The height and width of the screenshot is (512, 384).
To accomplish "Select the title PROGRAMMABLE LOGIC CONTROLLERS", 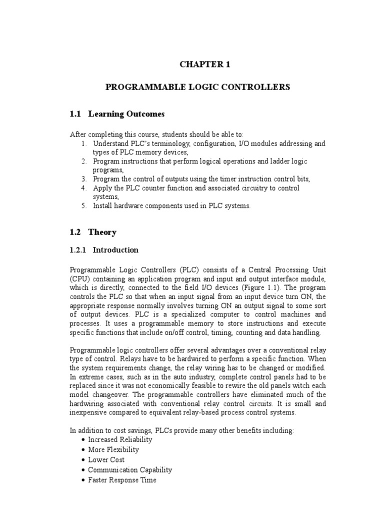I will [x=197, y=87].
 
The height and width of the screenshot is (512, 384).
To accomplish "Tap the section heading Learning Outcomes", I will [x=126, y=114].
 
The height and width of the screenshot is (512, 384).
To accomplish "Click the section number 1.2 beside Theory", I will [x=75, y=232].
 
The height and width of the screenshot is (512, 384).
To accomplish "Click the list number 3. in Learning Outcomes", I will [x=83, y=179].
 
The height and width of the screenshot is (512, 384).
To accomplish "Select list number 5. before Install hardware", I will [x=83, y=205].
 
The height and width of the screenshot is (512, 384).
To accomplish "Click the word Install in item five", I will [x=103, y=205].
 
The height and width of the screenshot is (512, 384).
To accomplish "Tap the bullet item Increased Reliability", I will [x=120, y=439].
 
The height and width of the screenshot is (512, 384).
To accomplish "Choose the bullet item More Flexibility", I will [x=113, y=449].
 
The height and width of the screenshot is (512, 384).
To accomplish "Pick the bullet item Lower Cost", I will [x=106, y=459].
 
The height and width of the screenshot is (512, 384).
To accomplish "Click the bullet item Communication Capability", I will [x=130, y=470].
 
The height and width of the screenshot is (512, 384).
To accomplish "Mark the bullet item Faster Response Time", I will [x=122, y=480].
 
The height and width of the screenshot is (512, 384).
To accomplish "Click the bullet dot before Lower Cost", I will [x=82, y=460].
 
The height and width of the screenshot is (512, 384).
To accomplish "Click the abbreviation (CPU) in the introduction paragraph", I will [x=80, y=278].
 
